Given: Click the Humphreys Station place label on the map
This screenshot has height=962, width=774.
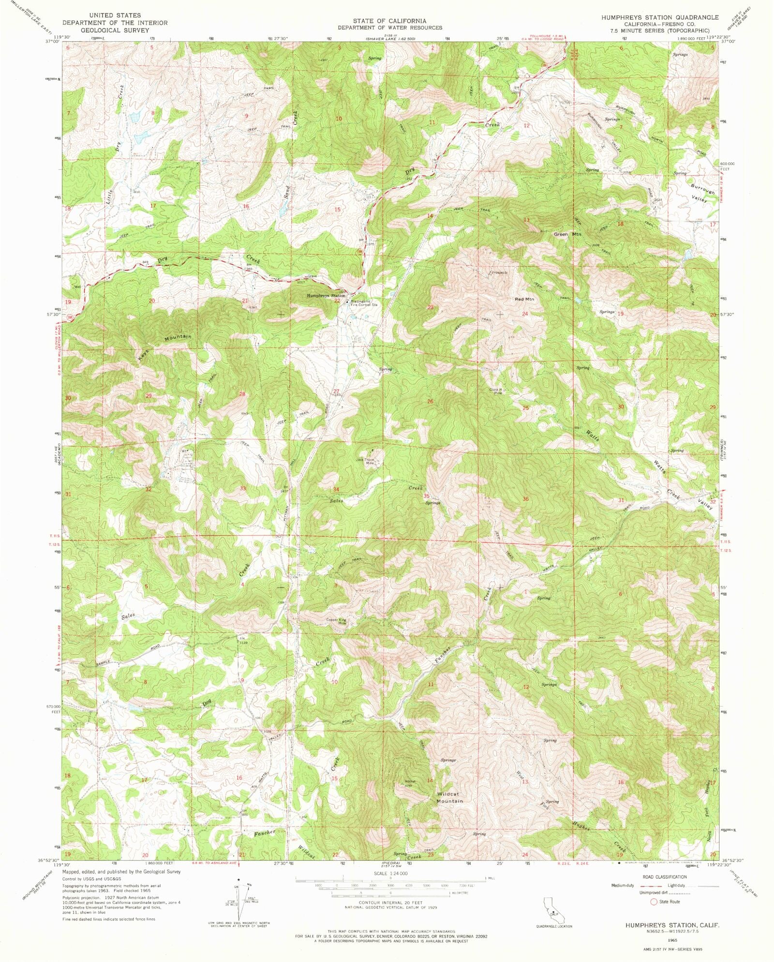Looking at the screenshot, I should (x=326, y=296).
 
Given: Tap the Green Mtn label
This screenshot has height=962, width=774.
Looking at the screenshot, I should (x=567, y=234).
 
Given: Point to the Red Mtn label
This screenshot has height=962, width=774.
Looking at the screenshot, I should (x=524, y=299).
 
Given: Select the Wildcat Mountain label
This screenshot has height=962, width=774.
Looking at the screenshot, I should (x=450, y=797).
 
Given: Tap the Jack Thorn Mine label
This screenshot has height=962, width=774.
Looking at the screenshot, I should (x=366, y=461).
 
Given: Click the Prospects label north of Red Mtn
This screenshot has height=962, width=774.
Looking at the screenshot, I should (x=500, y=272).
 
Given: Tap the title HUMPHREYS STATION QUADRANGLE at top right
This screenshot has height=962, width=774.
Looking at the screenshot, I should (x=660, y=17).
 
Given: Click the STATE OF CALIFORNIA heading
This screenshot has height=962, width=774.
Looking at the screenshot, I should (x=389, y=21).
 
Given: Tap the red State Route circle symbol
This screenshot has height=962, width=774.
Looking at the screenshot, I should (x=654, y=902).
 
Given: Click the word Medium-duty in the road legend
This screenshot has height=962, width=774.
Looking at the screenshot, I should (x=623, y=886).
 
